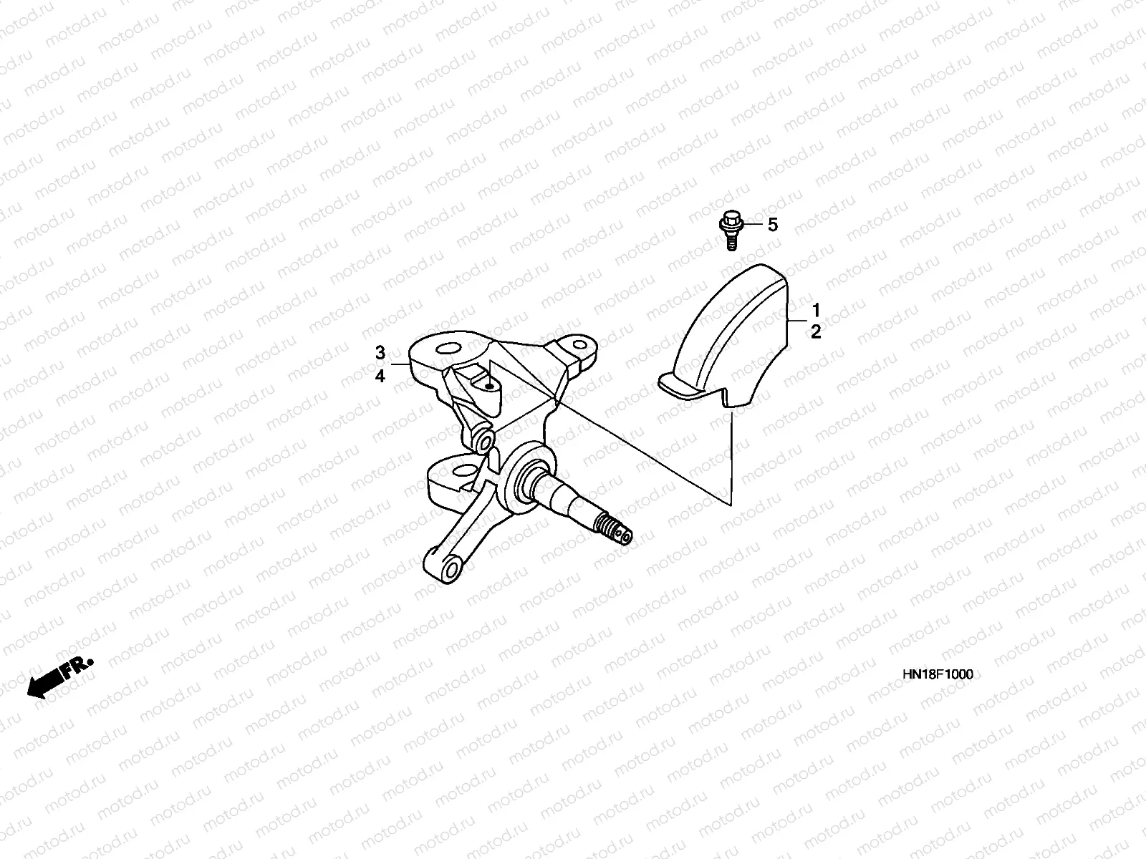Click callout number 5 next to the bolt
pos(772,225)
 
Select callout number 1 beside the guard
pos(815,310)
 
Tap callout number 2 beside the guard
pos(815,332)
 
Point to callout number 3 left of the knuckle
pos(380,353)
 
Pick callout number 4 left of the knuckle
pos(380,376)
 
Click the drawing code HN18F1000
pos(938,675)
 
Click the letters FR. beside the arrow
pos(77,668)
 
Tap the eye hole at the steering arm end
pos(451,571)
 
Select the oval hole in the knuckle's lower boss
pos(466,470)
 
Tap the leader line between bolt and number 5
pos(753,225)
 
